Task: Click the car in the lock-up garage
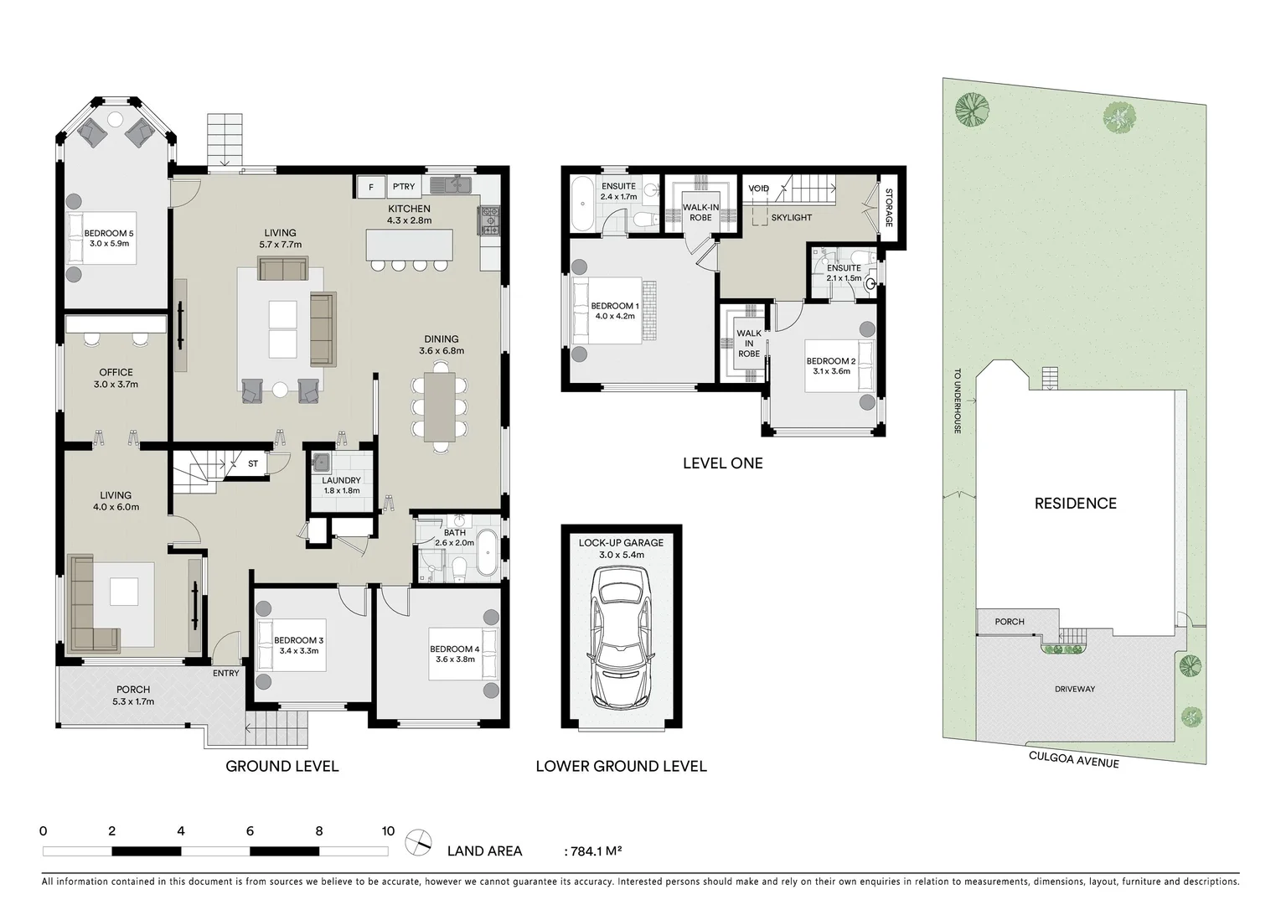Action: pos(621,637)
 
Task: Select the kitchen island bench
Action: pos(410,246)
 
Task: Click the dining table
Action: pos(440,406)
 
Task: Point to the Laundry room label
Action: pos(341,481)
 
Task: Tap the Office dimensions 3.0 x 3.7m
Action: pos(116,385)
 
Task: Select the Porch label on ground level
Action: pos(133,690)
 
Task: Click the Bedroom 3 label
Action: pos(298,640)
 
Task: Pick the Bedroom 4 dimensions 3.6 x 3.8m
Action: pos(455,659)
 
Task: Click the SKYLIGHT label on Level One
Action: pos(791,218)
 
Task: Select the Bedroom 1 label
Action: pos(614,307)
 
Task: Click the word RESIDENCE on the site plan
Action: pos(1075,504)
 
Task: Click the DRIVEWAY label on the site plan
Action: pos(1075,690)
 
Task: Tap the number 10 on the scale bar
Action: pos(388,832)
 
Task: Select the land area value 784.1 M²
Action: pos(595,851)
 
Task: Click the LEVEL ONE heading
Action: pos(722,463)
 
